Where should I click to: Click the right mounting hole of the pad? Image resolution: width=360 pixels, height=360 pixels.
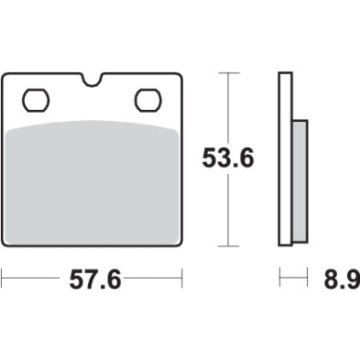pyautogui.click(x=147, y=97)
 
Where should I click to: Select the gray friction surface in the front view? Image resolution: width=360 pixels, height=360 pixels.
pyautogui.click(x=93, y=183)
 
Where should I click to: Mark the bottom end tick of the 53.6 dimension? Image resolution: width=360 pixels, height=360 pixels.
pyautogui.click(x=226, y=246)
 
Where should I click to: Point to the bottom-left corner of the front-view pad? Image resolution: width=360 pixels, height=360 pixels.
pyautogui.click(x=7, y=243)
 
